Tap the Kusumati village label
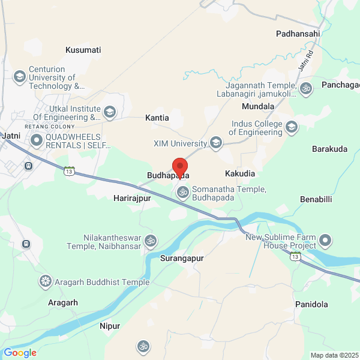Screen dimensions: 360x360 (83, 50)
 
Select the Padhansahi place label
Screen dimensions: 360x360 (298, 34)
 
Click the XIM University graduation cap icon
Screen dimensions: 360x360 (216, 143)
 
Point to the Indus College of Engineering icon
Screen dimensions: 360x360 (292, 127)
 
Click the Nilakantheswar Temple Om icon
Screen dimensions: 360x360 (151, 241)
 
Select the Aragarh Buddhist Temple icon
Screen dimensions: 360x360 (45, 281)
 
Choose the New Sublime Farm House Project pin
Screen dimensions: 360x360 (326, 241)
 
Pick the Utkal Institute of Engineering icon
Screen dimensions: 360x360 (110, 112)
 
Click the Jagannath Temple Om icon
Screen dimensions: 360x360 (307, 89)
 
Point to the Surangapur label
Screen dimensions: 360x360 (182, 258)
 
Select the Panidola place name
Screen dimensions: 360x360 (311, 304)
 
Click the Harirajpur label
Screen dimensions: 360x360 (131, 197)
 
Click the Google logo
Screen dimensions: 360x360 (20, 353)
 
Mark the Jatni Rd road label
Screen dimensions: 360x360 (305, 61)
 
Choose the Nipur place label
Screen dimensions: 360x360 (110, 326)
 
